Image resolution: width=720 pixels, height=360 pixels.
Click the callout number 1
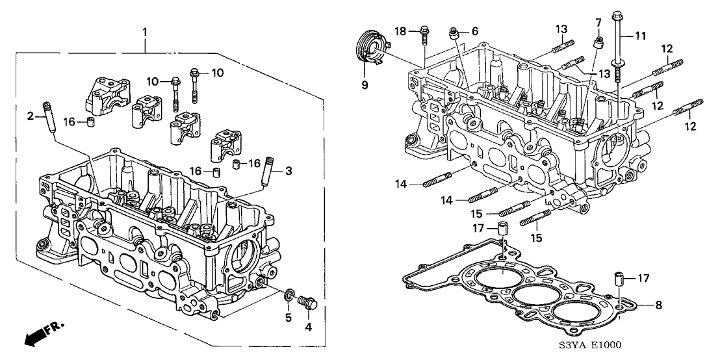(x=145, y=31)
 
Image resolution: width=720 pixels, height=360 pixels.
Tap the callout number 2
(x=29, y=116)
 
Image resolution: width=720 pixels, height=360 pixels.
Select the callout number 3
(x=289, y=171)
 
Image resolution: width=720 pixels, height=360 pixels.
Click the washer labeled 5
(x=287, y=298)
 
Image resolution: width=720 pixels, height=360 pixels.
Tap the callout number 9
(x=364, y=84)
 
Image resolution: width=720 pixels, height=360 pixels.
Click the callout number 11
(x=641, y=37)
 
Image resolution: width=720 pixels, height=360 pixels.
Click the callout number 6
(x=474, y=31)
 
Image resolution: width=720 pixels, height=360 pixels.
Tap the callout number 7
(x=598, y=23)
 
